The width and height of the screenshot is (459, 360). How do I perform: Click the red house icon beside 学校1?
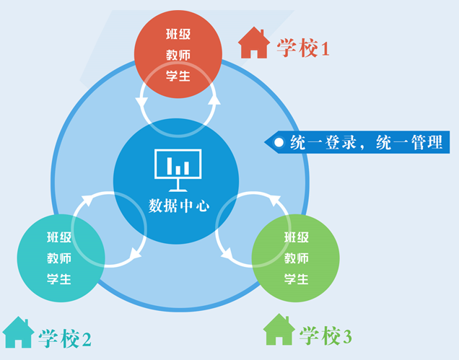253,43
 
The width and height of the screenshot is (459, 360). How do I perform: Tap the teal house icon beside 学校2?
18,333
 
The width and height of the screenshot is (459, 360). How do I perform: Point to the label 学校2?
65,338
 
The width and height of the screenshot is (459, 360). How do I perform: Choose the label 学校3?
325,335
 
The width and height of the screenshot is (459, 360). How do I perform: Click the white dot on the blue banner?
279,142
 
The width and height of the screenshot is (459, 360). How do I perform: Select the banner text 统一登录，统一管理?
366,142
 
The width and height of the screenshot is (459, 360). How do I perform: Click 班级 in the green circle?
296,237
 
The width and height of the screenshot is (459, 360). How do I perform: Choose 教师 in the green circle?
296,258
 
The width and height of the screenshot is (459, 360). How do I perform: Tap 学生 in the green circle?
296,279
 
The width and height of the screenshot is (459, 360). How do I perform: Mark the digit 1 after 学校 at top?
325,49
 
